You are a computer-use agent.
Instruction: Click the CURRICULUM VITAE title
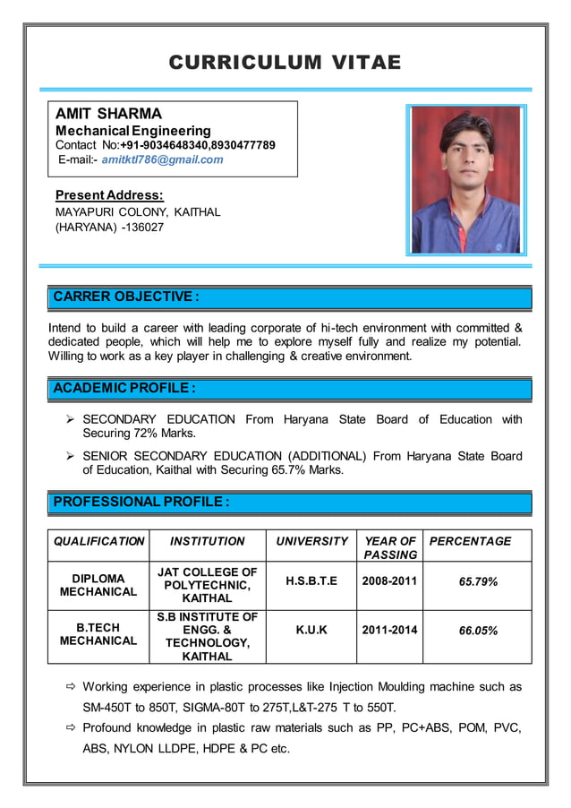pos(285,62)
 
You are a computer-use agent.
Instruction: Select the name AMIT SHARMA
pos(108,114)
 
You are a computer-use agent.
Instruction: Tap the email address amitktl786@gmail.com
pos(162,159)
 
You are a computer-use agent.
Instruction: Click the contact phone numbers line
pos(166,145)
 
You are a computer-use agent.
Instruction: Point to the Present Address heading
pos(109,194)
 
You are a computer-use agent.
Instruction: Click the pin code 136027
pos(143,228)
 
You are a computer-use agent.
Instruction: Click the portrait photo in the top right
pos(465,180)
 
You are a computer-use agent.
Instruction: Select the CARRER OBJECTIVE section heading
pos(125,297)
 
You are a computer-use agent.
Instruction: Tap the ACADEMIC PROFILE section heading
pos(124,389)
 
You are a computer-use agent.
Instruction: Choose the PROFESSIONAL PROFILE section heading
pos(141,503)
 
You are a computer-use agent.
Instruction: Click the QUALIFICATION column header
pos(98,541)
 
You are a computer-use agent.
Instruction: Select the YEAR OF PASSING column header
pos(389,547)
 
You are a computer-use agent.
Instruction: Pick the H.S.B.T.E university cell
pos(311,581)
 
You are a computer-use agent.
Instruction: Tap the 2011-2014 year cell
pos(389,630)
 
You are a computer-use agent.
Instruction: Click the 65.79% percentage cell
pos(478,581)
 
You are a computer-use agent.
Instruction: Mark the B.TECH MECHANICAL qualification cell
pos(98,634)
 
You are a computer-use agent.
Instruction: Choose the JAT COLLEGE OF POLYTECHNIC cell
pos(207,584)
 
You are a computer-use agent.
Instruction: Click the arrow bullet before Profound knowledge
pos(71,729)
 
